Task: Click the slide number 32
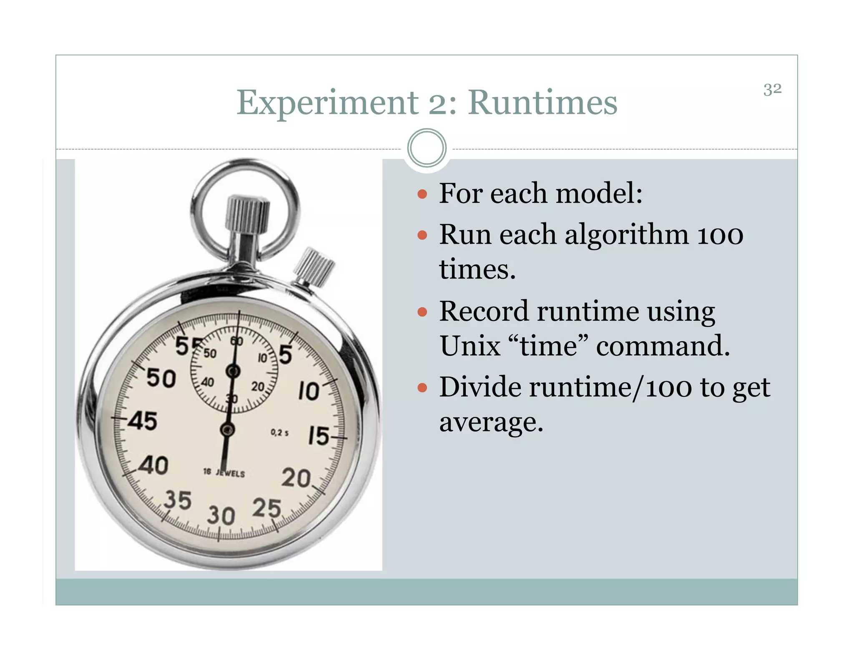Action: click(x=772, y=89)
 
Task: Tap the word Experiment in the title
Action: click(x=327, y=103)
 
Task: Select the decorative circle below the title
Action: click(x=427, y=148)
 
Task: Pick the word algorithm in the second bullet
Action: click(x=626, y=234)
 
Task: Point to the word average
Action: click(x=491, y=422)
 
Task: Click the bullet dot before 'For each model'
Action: click(x=422, y=194)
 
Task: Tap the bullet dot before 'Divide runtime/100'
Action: click(x=422, y=388)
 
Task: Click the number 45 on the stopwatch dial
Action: click(x=143, y=421)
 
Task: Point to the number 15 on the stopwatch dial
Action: click(x=319, y=436)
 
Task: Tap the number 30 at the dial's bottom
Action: click(x=221, y=516)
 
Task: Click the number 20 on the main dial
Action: click(x=296, y=478)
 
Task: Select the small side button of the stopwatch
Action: click(x=315, y=267)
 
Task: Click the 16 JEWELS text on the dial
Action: click(x=224, y=473)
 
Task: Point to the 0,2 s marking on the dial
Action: click(x=279, y=433)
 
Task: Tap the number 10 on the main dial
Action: click(x=309, y=391)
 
